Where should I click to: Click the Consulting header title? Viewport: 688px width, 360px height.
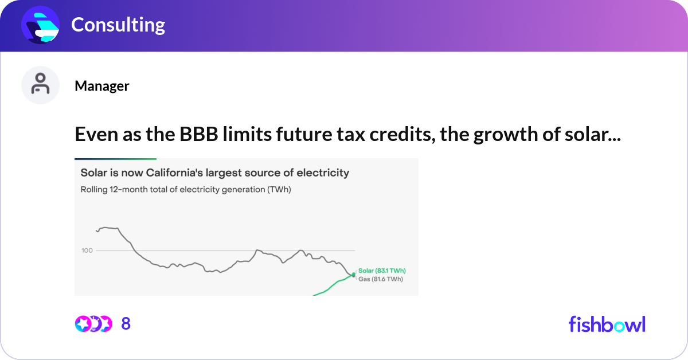coord(118,25)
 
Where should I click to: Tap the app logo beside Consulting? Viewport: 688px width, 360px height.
coord(41,25)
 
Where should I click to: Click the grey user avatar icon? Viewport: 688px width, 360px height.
coord(40,85)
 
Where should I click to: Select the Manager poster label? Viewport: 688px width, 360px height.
coord(101,86)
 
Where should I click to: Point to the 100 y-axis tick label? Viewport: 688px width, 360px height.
coord(87,251)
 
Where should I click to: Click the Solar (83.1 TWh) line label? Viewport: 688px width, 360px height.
coord(382,271)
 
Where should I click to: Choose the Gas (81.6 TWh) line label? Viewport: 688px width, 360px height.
coord(380,279)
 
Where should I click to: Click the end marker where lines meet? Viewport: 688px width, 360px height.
coord(354,275)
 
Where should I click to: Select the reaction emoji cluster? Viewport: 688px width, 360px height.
coord(92,324)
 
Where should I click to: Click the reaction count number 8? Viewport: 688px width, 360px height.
coord(126,324)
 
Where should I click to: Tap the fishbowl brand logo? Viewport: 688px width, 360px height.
coord(607,324)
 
